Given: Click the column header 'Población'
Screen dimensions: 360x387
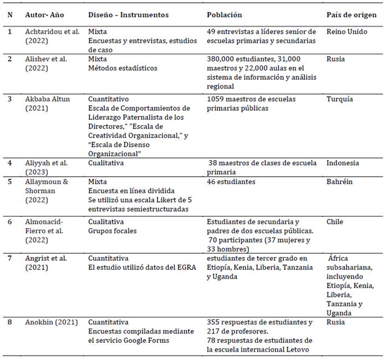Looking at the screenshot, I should pyautogui.click(x=224, y=14).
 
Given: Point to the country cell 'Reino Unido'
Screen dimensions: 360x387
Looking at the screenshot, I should pyautogui.click(x=347, y=32).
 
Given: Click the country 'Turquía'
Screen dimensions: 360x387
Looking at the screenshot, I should pyautogui.click(x=342, y=99).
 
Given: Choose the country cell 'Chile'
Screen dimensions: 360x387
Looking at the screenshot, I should pyautogui.click(x=335, y=222).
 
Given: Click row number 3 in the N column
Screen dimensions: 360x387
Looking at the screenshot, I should pyautogui.click(x=9, y=99).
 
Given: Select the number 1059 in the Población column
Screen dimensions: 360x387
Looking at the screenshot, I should pyautogui.click(x=216, y=99).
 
